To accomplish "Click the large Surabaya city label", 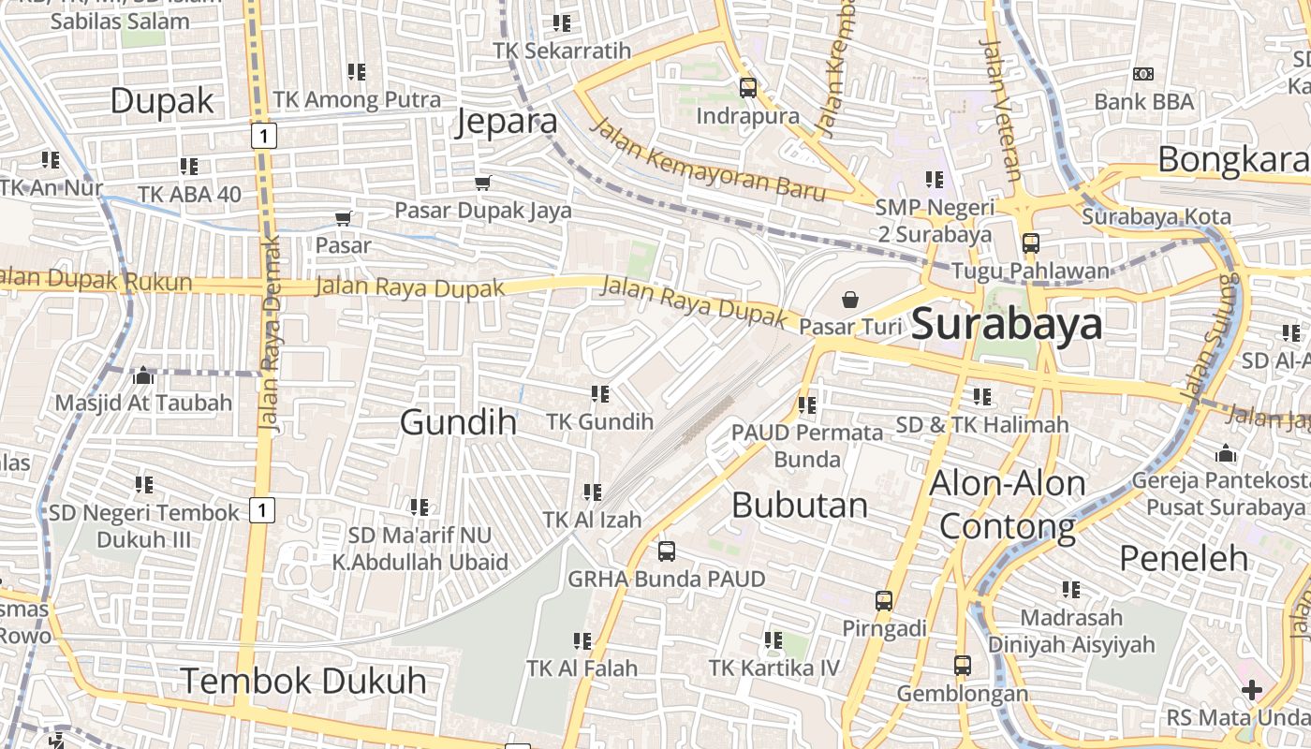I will (1007, 324).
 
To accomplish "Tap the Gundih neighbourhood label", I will (458, 422).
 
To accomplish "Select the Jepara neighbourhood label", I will (507, 122).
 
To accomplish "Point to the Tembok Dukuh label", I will (302, 681).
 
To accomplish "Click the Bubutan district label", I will (799, 505).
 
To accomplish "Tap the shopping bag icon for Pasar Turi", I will (849, 300).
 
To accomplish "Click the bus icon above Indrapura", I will (747, 88).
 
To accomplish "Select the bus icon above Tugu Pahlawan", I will (1030, 243).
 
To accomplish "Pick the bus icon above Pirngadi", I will (884, 601).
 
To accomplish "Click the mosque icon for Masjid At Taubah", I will (143, 375).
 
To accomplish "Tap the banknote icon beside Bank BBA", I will (1142, 74).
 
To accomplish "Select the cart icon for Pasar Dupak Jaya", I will (482, 183).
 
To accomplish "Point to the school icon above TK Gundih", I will (599, 394).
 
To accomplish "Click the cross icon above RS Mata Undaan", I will (1251, 691).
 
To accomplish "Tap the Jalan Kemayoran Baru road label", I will (709, 160).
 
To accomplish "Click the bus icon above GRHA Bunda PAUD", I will (666, 551).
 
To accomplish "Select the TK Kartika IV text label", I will (773, 668).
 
